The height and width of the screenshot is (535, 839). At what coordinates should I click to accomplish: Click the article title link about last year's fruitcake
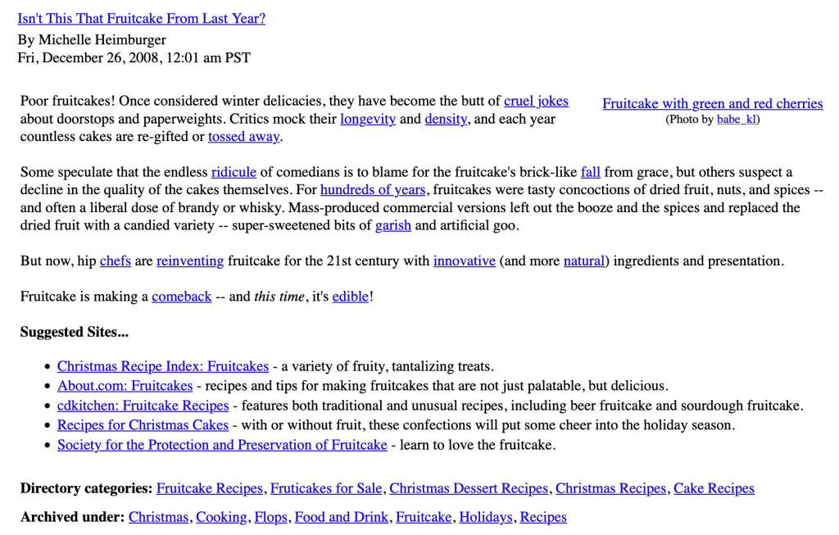pos(141,18)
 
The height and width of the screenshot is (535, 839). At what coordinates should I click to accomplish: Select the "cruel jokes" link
pos(536,102)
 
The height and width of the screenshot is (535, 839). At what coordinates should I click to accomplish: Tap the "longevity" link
pos(368,119)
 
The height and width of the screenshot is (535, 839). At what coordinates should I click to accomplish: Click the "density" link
pos(446,119)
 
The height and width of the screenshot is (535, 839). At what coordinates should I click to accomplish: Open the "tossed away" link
pos(243,137)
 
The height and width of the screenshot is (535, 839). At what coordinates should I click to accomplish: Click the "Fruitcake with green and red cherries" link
pos(712,103)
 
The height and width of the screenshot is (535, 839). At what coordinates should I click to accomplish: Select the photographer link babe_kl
pos(736,120)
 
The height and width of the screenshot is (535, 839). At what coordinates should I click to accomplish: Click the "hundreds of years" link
pos(373,190)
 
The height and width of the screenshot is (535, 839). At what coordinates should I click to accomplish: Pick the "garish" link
pos(393,225)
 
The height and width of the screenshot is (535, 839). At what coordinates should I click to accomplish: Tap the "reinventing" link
pos(190,261)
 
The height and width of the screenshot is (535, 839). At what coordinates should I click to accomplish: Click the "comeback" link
pos(182,297)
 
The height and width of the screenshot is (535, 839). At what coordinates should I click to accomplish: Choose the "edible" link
pos(351,297)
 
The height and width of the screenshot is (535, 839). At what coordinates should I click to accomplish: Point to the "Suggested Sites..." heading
pos(75,332)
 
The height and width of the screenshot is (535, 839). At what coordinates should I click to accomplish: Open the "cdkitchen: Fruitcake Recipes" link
pos(143,406)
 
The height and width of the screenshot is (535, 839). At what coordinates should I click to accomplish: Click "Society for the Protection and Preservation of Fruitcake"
pos(222,445)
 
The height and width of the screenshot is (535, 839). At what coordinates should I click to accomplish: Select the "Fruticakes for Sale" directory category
pos(326,488)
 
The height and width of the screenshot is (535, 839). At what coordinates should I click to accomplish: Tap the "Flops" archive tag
pos(270,517)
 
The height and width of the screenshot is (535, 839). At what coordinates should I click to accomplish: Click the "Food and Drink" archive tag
pos(342,517)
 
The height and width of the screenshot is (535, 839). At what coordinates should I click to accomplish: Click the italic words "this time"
pos(279,297)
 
